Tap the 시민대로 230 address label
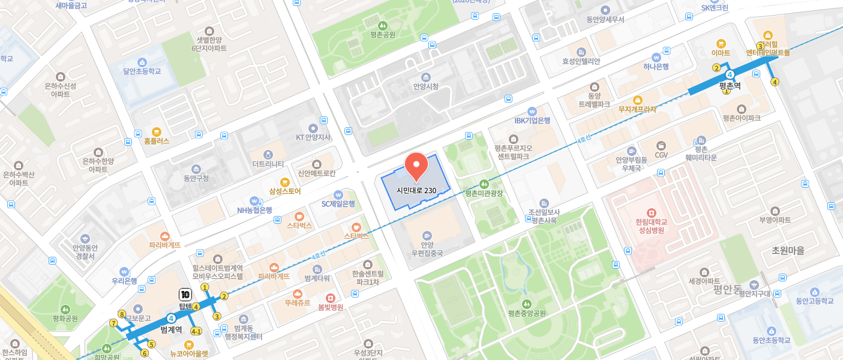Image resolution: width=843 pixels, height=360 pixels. [x=416, y=190]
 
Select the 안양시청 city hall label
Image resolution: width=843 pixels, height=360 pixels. [x=426, y=86]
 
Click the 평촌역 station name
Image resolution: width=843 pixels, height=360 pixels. [x=730, y=86]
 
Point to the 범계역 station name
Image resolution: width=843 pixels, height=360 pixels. [x=171, y=329]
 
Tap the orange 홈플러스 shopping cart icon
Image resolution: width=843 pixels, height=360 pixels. [x=157, y=131]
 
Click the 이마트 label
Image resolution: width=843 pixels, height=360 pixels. [x=721, y=53]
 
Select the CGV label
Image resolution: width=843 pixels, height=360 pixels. [x=661, y=155]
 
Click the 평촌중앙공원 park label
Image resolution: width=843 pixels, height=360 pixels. [x=527, y=313]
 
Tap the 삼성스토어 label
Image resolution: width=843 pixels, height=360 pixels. [x=285, y=191]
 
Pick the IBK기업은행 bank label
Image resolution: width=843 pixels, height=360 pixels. [x=532, y=120]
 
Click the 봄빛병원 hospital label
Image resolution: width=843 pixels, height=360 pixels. [x=330, y=307]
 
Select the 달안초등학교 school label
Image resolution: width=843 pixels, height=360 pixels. [x=142, y=71]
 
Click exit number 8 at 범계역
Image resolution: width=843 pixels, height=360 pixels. [x=122, y=314]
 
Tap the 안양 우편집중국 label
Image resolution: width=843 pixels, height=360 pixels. [x=427, y=249]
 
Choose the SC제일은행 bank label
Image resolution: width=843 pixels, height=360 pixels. [x=338, y=203]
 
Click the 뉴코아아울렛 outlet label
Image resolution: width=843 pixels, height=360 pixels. [x=189, y=354]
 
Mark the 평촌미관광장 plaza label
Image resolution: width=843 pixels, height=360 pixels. [x=484, y=193]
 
